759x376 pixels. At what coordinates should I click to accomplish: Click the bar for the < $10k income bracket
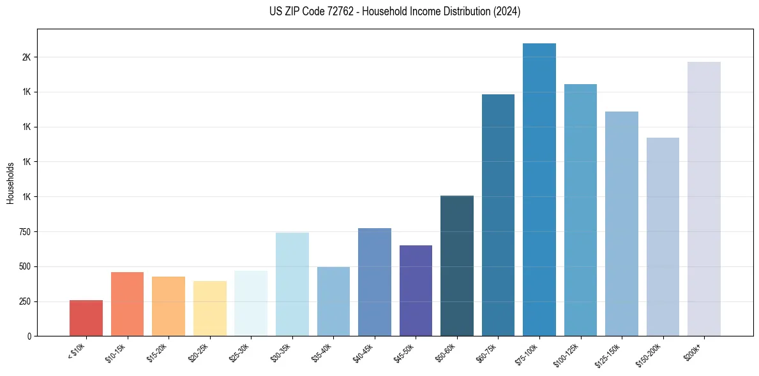coord(86,318)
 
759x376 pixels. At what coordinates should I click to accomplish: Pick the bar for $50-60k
coord(457,266)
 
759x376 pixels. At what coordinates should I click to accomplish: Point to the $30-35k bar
coord(292,284)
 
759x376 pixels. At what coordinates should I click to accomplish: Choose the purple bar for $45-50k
coord(416,291)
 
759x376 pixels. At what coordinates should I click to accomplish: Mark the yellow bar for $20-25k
coord(210,308)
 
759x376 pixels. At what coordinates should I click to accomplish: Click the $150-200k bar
coord(663,236)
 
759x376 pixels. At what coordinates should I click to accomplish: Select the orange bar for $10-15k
coord(127,304)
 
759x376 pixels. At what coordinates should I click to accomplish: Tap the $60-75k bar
coord(498,215)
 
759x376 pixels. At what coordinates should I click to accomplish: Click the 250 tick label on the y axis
coord(24,301)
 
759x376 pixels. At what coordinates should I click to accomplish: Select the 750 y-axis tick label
coord(24,232)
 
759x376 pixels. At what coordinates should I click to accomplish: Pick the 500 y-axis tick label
coord(24,266)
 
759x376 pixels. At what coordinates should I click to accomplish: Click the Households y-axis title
coord(10,183)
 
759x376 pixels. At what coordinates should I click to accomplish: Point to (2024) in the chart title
coord(507,11)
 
